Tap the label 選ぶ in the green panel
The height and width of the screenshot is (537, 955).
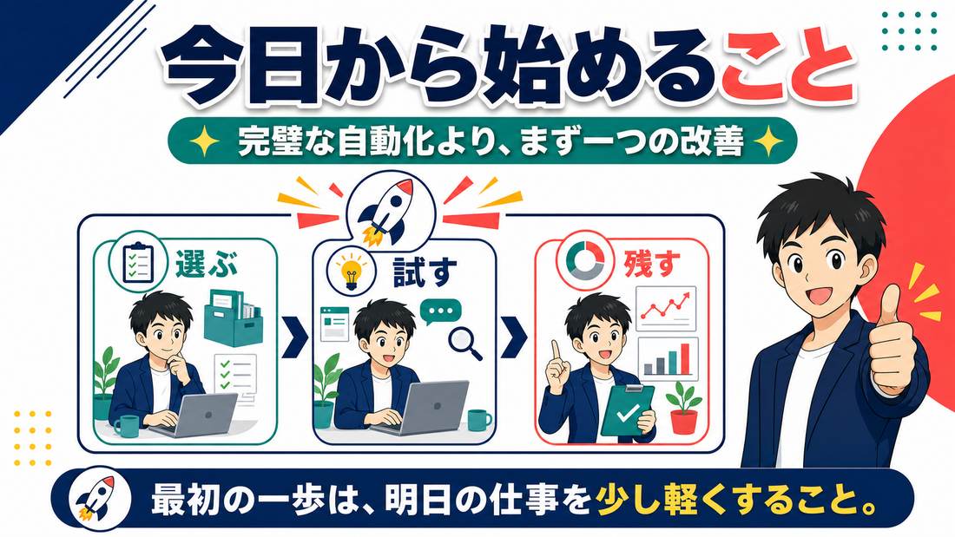[x=207, y=264]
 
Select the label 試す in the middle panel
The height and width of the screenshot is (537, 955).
[x=425, y=272]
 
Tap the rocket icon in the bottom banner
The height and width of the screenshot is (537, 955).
[x=95, y=500]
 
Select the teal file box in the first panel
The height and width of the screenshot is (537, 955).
[x=232, y=318]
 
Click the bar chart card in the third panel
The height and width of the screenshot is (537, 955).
[x=667, y=358]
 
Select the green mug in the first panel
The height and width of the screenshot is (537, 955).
[x=127, y=426]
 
